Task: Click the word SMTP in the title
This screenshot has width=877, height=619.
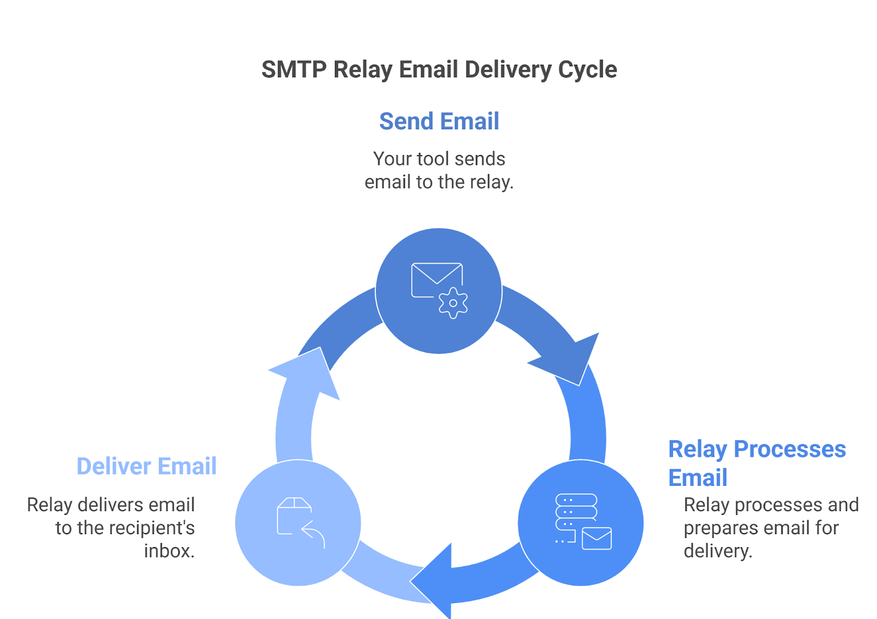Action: coord(294,70)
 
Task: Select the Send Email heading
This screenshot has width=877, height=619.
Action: coord(439,121)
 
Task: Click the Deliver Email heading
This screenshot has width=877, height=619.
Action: coord(146,466)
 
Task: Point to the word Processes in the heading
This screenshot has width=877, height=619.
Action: coord(789,449)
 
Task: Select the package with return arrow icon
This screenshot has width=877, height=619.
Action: coord(299,522)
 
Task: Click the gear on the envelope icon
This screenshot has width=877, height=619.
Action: coord(453,303)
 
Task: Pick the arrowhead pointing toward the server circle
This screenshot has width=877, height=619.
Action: coord(570,359)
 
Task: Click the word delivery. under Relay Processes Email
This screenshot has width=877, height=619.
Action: coord(717,551)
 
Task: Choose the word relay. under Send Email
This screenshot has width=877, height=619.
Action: coord(492,182)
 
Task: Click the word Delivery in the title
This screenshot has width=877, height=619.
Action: coord(508,70)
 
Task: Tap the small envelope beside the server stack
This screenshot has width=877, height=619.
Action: coord(596,538)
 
